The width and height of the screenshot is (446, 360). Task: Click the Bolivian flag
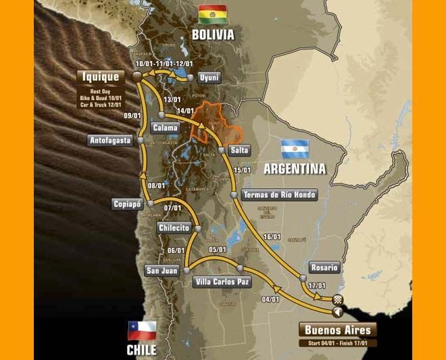(x=212, y=14)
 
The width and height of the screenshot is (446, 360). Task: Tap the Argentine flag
(x=295, y=149)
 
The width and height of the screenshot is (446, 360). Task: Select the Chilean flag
(x=142, y=330)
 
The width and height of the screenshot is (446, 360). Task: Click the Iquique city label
(x=101, y=77)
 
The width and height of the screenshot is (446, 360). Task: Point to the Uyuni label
(x=209, y=78)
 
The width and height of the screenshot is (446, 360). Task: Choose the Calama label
(x=166, y=128)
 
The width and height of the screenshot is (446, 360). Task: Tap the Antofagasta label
(x=110, y=140)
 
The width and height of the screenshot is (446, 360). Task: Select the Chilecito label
(x=174, y=228)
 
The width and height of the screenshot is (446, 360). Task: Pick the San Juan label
(x=161, y=271)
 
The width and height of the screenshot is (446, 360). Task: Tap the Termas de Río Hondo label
(x=279, y=195)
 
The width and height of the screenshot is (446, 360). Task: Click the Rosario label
(x=324, y=267)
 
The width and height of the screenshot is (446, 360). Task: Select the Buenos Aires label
(x=338, y=330)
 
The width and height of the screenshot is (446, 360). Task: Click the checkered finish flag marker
(x=339, y=300)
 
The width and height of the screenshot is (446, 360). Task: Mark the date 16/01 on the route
(x=272, y=236)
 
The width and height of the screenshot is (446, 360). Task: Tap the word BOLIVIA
(x=212, y=34)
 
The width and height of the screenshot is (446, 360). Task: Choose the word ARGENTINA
(x=295, y=168)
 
